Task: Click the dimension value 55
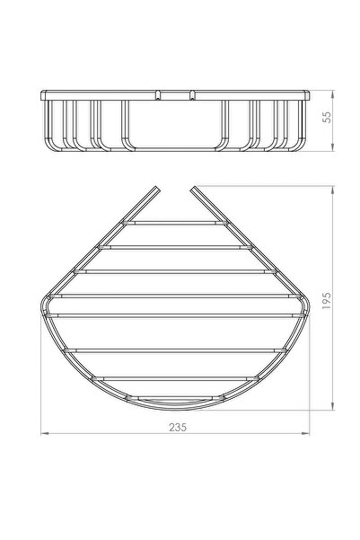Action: click(328, 117)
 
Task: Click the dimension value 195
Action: click(327, 300)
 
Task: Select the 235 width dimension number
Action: click(178, 427)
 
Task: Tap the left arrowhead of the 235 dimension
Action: click(45, 434)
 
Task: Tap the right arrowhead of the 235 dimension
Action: click(305, 434)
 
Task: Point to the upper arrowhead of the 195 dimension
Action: click(332, 190)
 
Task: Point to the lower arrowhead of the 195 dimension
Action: click(332, 406)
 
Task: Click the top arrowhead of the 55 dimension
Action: click(332, 94)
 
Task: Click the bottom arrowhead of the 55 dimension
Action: click(332, 147)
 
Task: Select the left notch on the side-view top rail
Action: click(158, 95)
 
